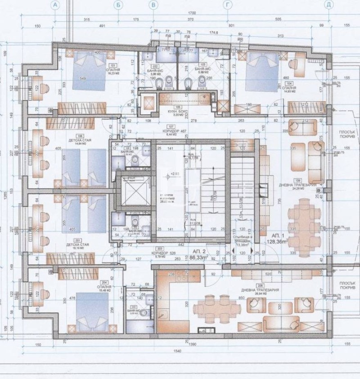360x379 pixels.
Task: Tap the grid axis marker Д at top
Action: click(x=329, y=5)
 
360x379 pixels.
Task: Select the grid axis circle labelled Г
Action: click(x=228, y=5)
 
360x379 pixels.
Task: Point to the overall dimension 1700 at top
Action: click(x=192, y=14)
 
